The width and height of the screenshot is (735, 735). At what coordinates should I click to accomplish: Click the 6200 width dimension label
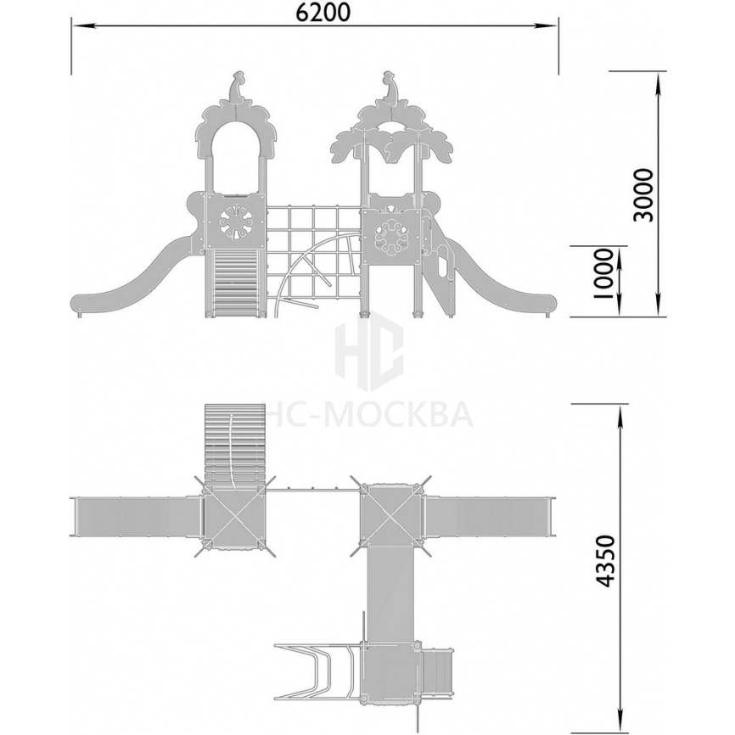[x=323, y=13]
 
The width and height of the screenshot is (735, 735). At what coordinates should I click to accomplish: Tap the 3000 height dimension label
[x=642, y=195]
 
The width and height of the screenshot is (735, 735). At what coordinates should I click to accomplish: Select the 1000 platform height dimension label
[x=603, y=273]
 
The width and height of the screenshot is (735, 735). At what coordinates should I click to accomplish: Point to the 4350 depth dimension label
[x=604, y=561]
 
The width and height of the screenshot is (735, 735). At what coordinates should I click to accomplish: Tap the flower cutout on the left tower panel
[x=236, y=223]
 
